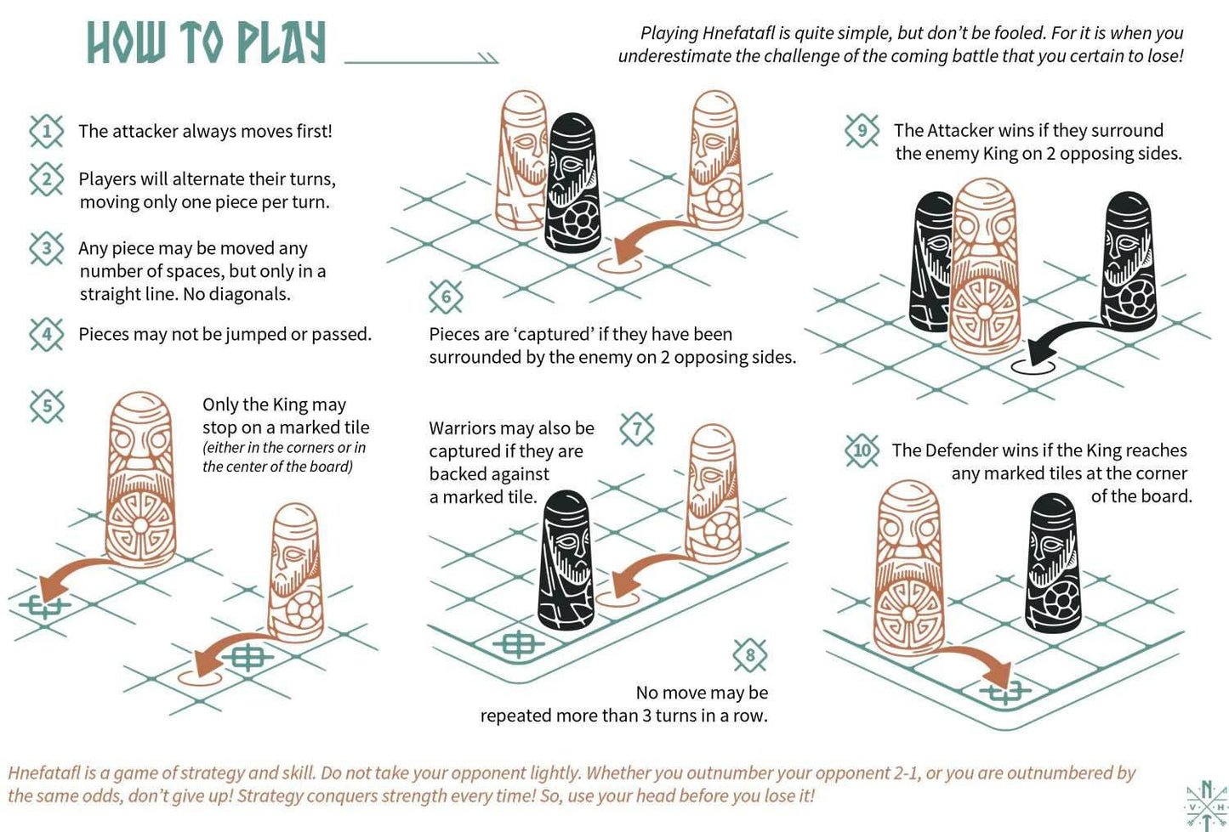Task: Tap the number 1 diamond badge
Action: point(47,131)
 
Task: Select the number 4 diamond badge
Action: point(47,334)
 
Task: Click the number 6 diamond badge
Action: point(446,297)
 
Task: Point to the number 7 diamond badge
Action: point(637,428)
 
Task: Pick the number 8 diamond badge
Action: point(749,654)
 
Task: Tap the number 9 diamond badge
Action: point(862,130)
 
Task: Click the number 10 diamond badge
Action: point(862,450)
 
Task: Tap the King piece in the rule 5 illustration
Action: point(140,480)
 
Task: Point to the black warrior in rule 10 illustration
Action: point(1055,564)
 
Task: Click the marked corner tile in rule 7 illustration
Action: point(518,644)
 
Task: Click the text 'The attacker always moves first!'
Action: point(205,131)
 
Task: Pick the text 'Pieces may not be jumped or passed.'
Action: point(225,334)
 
